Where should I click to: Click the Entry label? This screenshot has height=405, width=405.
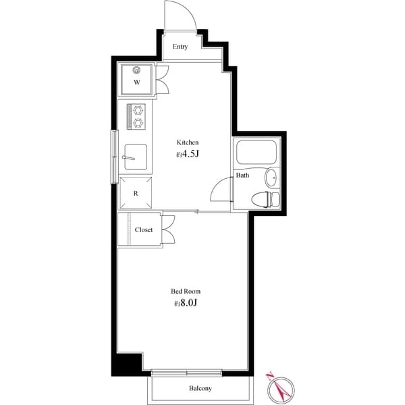pyautogui.click(x=180, y=47)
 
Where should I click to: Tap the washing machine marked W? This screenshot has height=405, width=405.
pyautogui.click(x=136, y=80)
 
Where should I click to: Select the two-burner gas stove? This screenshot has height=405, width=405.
pyautogui.click(x=138, y=115)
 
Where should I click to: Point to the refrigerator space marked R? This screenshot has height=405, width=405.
pyautogui.click(x=136, y=193)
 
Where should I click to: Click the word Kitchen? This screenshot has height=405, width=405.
pyautogui.click(x=188, y=142)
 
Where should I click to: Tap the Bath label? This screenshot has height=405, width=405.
pyautogui.click(x=242, y=175)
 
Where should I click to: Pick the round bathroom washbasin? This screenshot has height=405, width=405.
pyautogui.click(x=271, y=178)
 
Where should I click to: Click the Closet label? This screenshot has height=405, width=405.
pyautogui.click(x=143, y=230)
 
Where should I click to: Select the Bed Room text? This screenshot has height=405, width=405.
pyautogui.click(x=185, y=292)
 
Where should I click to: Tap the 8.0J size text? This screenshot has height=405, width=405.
pyautogui.click(x=187, y=303)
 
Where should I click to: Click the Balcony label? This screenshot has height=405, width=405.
pyautogui.click(x=200, y=388)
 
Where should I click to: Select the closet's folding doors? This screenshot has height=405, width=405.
pyautogui.click(x=168, y=230)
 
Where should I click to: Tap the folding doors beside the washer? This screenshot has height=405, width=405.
pyautogui.click(x=163, y=80)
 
